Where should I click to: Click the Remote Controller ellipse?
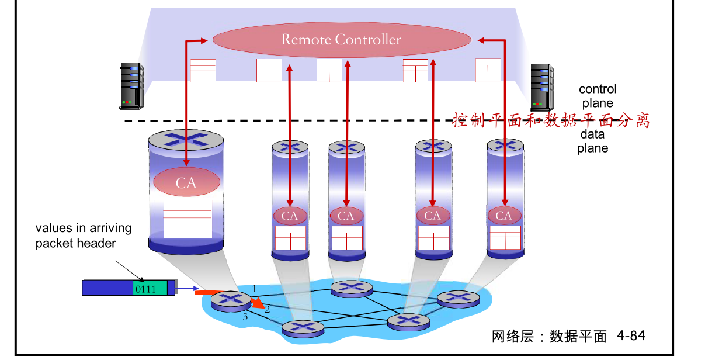tap(341, 40)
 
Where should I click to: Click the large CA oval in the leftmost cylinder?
tap(186, 183)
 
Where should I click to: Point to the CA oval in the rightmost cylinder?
tap(503, 216)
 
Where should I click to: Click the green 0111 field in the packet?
tap(150, 288)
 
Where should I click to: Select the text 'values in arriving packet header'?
tap(83, 236)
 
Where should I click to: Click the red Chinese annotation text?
tap(551, 120)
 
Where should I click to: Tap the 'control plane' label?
tap(597, 96)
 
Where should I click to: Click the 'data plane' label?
tap(593, 141)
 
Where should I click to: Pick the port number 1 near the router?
tap(254, 287)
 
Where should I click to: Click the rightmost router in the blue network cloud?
tap(459, 299)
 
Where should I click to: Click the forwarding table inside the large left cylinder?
tap(187, 219)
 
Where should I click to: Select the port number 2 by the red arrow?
tap(267, 308)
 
